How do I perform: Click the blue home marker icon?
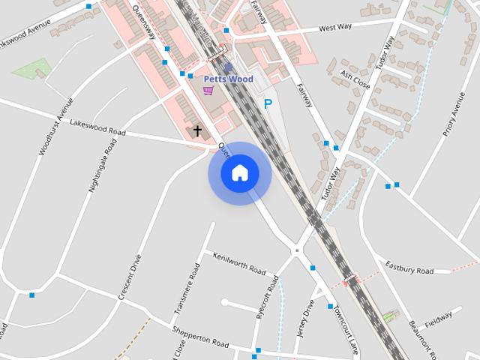240,172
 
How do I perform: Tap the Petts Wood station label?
229,79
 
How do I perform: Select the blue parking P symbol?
267,104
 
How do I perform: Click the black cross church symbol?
198,131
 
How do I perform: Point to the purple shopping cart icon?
208,90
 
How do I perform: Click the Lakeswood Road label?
97,129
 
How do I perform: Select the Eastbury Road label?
409,268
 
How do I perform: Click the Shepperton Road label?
200,338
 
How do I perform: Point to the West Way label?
335,28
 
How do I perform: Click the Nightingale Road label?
103,165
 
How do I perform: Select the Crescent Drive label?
130,277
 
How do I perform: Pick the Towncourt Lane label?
346,330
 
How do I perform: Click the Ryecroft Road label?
268,297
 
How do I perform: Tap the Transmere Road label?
187,289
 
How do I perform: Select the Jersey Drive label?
305,319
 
